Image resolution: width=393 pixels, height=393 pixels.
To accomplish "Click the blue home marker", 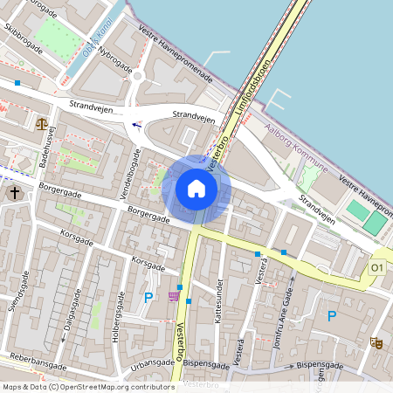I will point(196,188).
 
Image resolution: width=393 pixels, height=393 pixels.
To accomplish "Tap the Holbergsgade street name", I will point(114,323).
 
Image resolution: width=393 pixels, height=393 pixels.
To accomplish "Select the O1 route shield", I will point(377,267).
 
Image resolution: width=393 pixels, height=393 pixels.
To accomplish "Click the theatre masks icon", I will point(376,343).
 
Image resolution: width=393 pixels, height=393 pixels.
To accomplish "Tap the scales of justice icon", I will point(43,123).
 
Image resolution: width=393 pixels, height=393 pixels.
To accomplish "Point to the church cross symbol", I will point(15,192).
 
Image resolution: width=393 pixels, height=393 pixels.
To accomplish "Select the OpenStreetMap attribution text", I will point(88,386).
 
